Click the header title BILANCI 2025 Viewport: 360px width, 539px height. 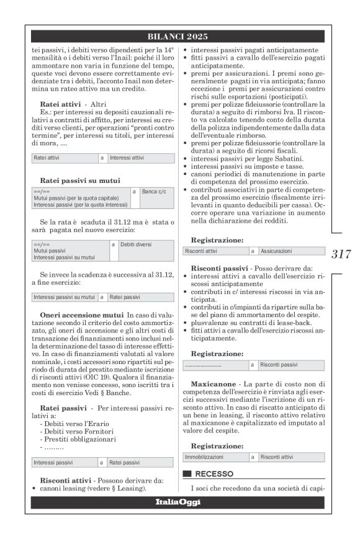179,37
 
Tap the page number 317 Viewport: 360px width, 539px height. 341,253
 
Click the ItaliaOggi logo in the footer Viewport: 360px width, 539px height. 179,502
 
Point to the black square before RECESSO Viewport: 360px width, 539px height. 186,473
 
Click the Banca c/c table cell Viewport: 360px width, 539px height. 157,192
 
